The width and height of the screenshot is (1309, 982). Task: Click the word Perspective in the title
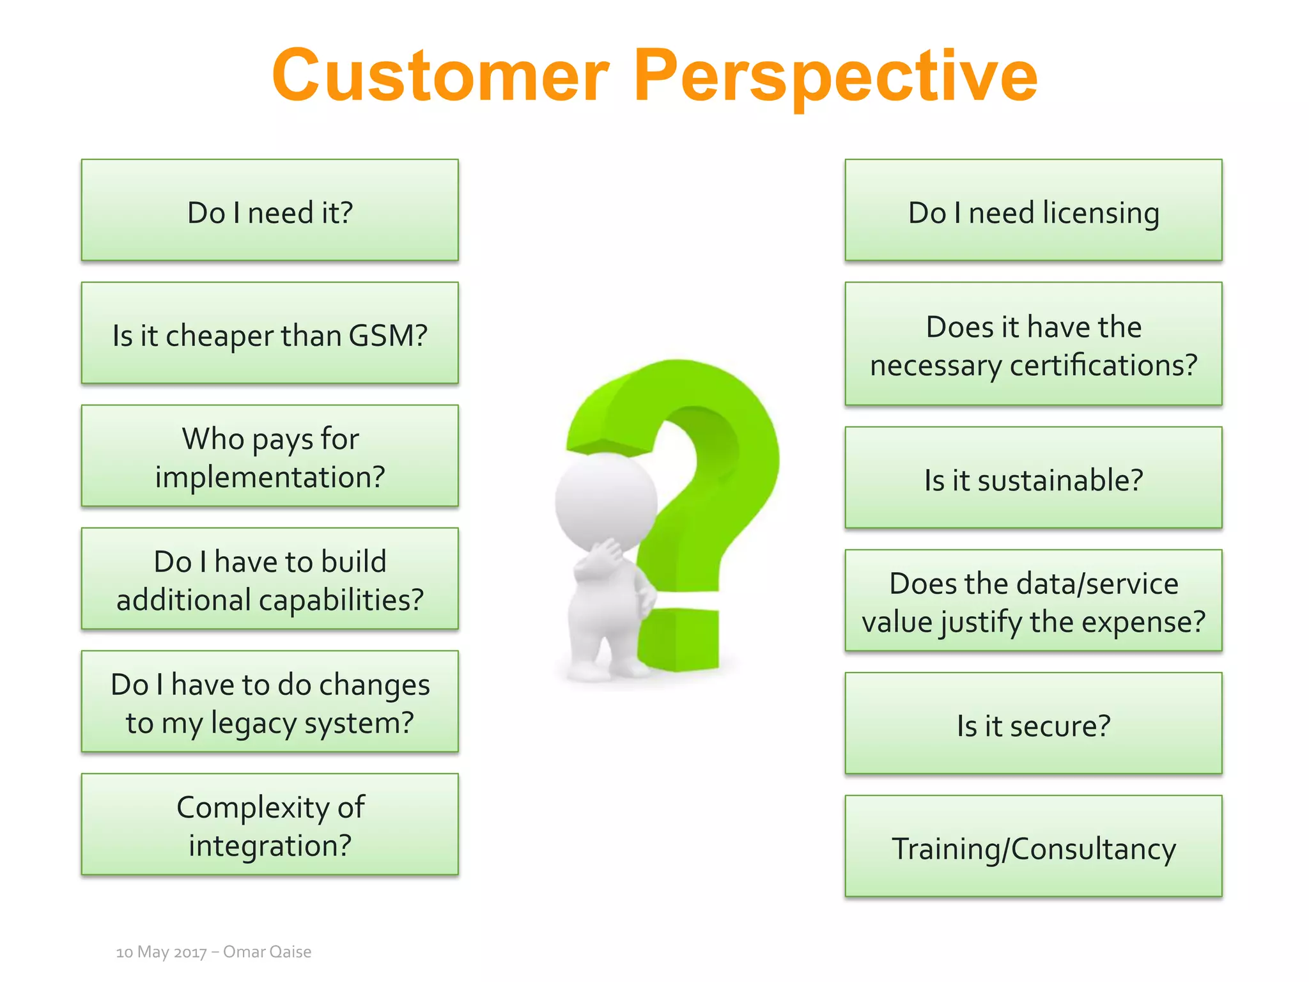pyautogui.click(x=835, y=77)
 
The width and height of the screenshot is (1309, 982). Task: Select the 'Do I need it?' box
pyautogui.click(x=270, y=210)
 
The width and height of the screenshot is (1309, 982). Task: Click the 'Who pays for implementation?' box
pyautogui.click(x=270, y=456)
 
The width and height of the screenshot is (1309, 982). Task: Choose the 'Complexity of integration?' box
pyautogui.click(x=270, y=825)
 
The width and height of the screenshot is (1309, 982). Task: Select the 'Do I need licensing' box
pyautogui.click(x=1033, y=210)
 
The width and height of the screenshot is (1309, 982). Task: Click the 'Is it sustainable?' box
pyautogui.click(x=1033, y=478)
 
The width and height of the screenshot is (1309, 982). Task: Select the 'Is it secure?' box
pyautogui.click(x=1033, y=724)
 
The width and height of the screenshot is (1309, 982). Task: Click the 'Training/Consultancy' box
pyautogui.click(x=1033, y=846)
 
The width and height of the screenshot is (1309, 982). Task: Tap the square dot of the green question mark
pyautogui.click(x=681, y=639)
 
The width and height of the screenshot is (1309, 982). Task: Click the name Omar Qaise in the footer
pyautogui.click(x=267, y=952)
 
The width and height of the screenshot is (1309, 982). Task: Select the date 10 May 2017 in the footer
pyautogui.click(x=161, y=952)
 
